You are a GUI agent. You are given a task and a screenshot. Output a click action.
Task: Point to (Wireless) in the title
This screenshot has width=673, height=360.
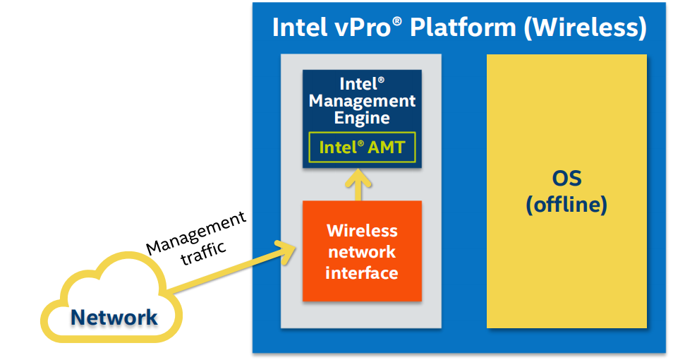click(586, 28)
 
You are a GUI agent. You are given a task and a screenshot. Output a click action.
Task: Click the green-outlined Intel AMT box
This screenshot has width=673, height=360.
click(362, 148)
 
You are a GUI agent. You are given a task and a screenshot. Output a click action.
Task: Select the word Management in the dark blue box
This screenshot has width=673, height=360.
click(362, 100)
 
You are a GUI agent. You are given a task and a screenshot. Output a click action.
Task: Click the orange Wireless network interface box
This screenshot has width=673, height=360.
click(362, 251)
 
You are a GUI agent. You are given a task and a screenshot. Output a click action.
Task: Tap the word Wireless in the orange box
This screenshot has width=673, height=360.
click(362, 231)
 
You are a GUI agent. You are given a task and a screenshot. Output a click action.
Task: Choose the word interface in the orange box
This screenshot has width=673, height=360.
click(362, 272)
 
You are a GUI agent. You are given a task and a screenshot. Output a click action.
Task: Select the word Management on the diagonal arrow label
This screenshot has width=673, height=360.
click(196, 234)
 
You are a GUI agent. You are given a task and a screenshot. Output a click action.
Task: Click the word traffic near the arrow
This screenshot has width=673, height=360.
click(205, 253)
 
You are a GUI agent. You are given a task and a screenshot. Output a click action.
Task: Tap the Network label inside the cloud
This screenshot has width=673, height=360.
click(114, 317)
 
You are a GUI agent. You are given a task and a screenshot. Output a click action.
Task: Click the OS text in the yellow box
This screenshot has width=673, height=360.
click(566, 178)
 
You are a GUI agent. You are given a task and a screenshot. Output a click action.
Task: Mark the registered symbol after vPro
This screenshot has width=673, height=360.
click(397, 21)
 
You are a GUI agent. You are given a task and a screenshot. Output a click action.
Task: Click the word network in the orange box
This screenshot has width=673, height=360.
click(362, 252)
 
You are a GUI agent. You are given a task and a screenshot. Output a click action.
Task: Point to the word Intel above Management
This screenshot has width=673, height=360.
click(356, 84)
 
